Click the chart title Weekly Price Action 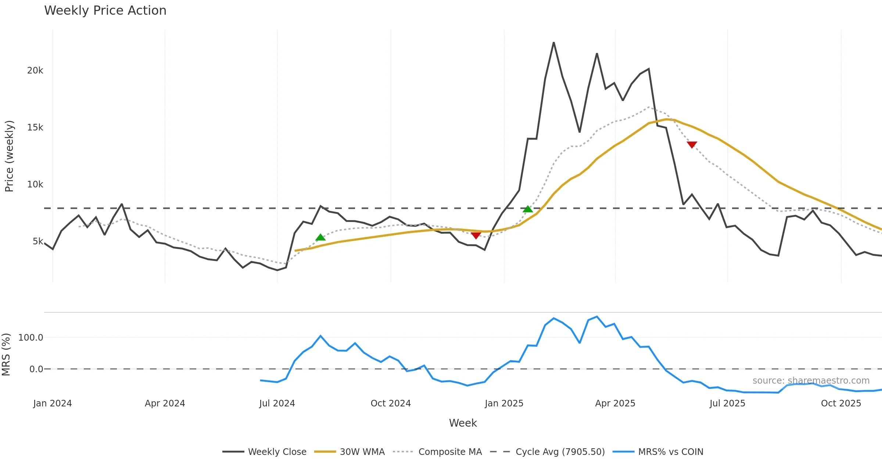click(x=105, y=11)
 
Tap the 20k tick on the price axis click(x=35, y=71)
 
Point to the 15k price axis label click(x=35, y=128)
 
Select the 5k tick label click(x=38, y=241)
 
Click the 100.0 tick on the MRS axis click(x=31, y=337)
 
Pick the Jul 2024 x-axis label click(x=277, y=403)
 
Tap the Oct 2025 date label click(x=841, y=403)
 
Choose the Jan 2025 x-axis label click(x=504, y=403)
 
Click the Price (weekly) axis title click(x=9, y=156)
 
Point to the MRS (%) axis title click(x=6, y=355)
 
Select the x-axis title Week click(x=463, y=423)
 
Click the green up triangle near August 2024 click(x=320, y=237)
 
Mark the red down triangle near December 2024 click(x=476, y=236)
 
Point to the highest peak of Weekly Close click(x=554, y=43)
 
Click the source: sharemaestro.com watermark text click(x=811, y=381)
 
